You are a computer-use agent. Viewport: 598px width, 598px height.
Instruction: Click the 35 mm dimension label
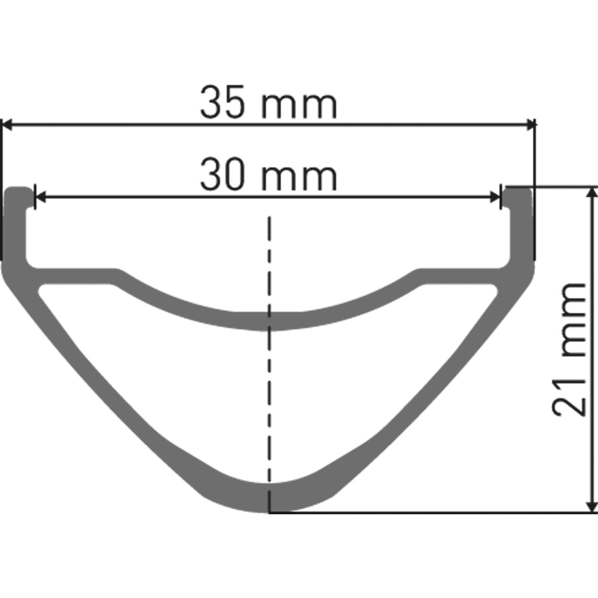(268, 103)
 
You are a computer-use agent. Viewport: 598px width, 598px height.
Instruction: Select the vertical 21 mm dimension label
(569, 349)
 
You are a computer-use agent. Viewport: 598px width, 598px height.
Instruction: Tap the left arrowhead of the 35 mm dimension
(7, 124)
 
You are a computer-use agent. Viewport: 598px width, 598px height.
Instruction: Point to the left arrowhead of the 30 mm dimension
(40, 197)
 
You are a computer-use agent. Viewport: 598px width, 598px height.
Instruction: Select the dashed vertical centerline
(269, 359)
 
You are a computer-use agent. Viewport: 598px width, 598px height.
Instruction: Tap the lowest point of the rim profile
(269, 511)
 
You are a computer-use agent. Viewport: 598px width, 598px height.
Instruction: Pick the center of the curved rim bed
(269, 321)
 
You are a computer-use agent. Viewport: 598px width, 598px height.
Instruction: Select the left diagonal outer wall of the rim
(100, 383)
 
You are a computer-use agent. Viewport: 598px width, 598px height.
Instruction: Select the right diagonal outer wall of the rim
(439, 383)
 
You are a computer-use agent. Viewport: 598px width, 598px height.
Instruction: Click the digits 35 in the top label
(222, 103)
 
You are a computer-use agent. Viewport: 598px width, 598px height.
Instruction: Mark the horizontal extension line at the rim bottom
(431, 512)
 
